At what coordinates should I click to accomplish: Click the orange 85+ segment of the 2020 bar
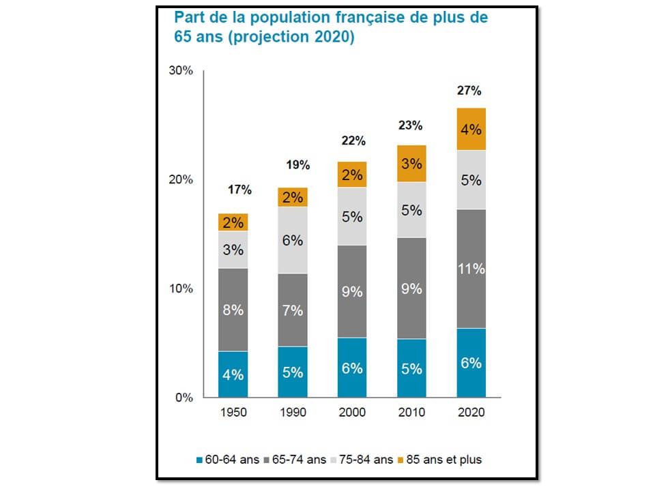click(471, 129)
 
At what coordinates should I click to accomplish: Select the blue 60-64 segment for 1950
click(233, 374)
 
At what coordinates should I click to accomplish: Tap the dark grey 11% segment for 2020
click(471, 269)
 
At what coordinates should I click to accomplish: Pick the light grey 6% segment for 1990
click(293, 240)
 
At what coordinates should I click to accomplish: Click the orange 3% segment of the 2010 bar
click(411, 164)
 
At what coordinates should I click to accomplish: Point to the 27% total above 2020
click(471, 90)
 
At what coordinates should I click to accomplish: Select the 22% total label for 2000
click(353, 141)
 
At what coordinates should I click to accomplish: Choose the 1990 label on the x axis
click(293, 413)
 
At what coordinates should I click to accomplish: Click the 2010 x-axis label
click(411, 413)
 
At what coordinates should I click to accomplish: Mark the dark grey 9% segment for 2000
click(352, 291)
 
